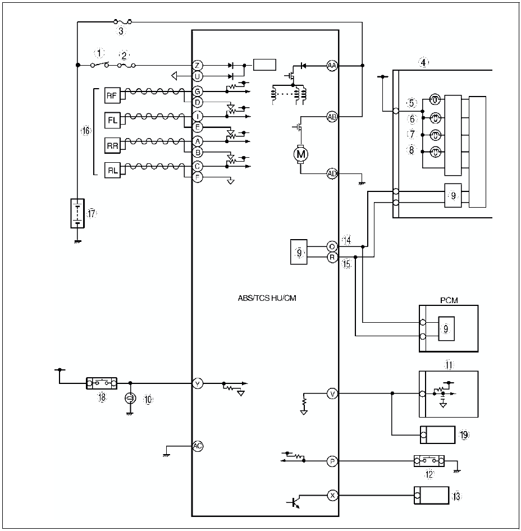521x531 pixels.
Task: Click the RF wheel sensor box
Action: point(111,96)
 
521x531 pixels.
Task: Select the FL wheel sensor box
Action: point(111,120)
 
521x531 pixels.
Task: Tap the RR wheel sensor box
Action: point(111,145)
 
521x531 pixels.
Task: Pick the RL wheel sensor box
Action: point(111,170)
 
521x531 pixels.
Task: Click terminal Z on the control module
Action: point(197,66)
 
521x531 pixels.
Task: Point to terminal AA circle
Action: point(332,66)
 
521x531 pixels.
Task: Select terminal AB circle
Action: point(332,117)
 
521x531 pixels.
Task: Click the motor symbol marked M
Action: point(301,153)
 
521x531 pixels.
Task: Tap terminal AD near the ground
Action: point(332,173)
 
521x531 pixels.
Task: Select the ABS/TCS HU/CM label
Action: point(267,298)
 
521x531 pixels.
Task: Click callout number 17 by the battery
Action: point(92,213)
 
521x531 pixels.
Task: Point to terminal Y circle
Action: point(197,383)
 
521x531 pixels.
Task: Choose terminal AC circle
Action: point(197,446)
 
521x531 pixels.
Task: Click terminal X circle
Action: point(332,495)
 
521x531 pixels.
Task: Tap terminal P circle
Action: point(332,461)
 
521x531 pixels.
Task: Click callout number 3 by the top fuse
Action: point(121,31)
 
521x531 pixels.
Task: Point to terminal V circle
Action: point(332,394)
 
